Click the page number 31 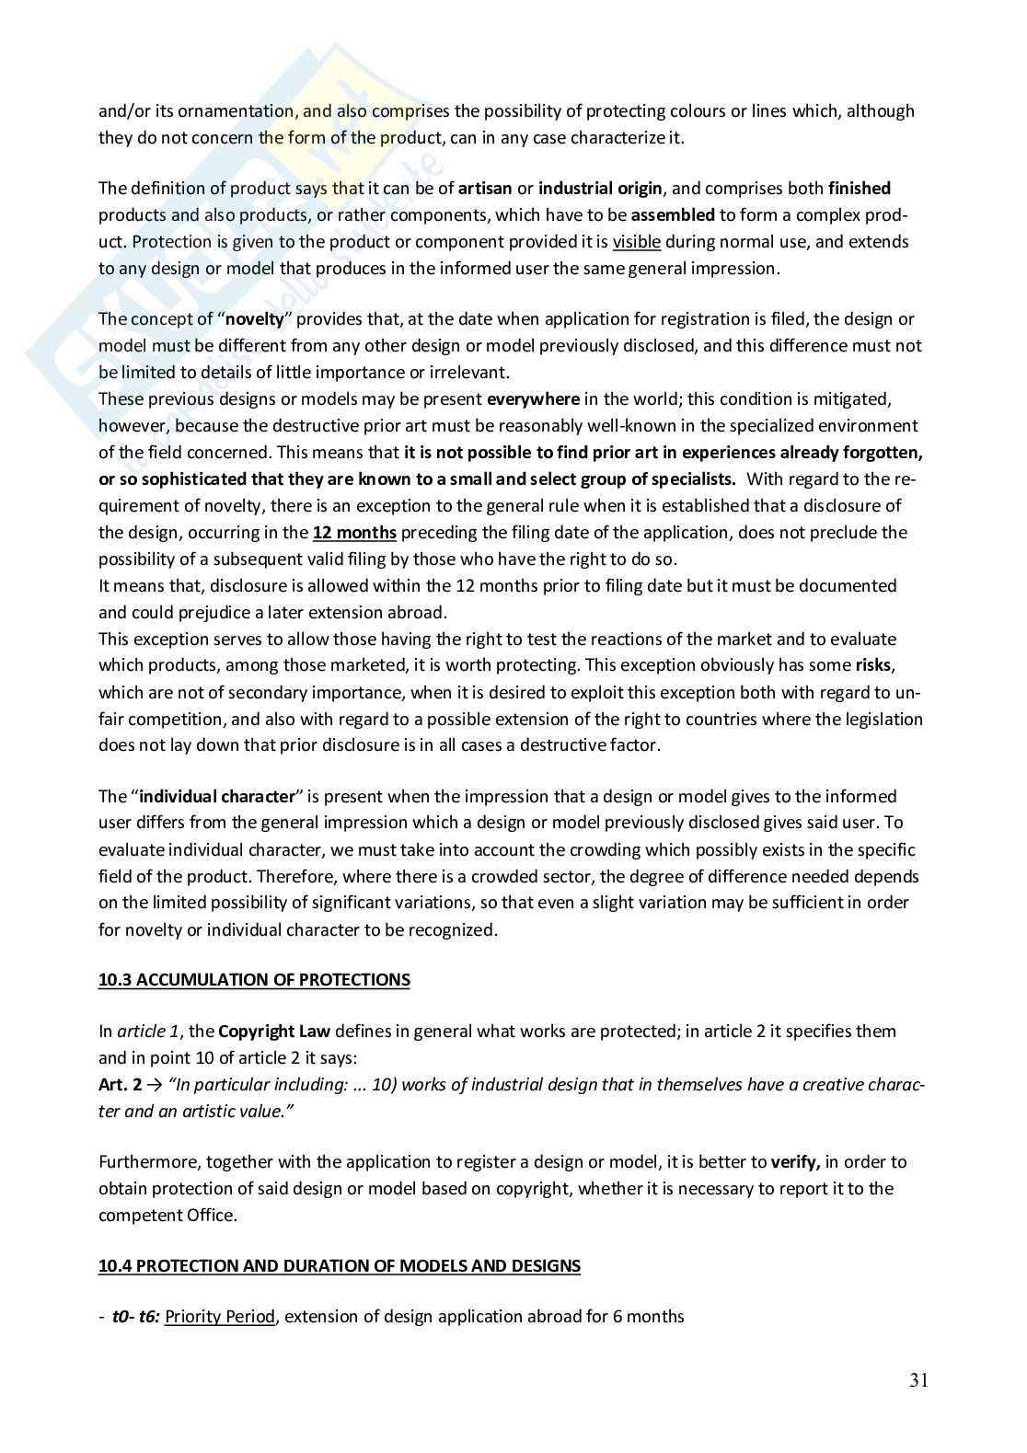pyautogui.click(x=918, y=1380)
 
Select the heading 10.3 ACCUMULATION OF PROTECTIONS pyautogui.click(x=254, y=980)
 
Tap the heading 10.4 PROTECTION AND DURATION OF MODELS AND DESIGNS pyautogui.click(x=340, y=1266)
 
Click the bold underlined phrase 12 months pyautogui.click(x=354, y=533)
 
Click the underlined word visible pyautogui.click(x=637, y=242)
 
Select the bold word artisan pyautogui.click(x=485, y=189)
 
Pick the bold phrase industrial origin pyautogui.click(x=600, y=189)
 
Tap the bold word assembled pyautogui.click(x=673, y=215)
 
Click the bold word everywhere pyautogui.click(x=533, y=399)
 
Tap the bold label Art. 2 pyautogui.click(x=120, y=1085)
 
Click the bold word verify pyautogui.click(x=795, y=1162)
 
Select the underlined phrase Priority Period pyautogui.click(x=220, y=1317)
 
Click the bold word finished pyautogui.click(x=860, y=189)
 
